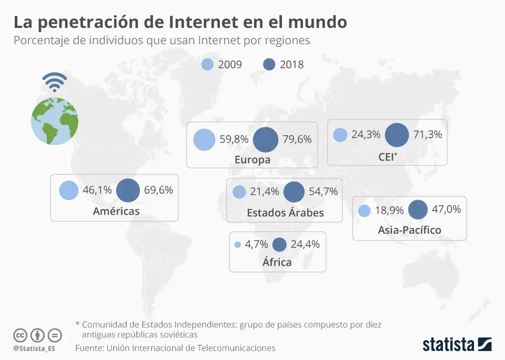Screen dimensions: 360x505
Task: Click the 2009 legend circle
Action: pos(208,64)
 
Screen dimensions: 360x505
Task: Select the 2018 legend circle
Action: pos(269,64)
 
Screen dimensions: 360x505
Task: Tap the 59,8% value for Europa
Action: pos(234,139)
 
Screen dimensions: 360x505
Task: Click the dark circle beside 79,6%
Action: pos(266,139)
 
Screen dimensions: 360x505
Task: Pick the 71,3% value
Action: pos(427,134)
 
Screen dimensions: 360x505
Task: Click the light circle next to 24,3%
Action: pos(340,135)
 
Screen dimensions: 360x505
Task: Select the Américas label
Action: pos(116,211)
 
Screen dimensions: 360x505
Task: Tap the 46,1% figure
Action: pos(97,191)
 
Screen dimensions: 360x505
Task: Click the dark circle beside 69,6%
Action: pos(128,191)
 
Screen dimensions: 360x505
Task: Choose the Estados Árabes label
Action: pos(285,213)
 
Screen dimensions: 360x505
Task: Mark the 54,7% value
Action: pos(323,192)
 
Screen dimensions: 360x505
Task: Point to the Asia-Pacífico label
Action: pos(409,229)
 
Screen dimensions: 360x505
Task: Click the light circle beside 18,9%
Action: pos(364,211)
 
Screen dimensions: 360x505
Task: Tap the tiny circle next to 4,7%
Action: pos(237,245)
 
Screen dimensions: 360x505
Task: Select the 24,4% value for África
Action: pos(305,244)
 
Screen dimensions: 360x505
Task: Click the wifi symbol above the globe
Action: pos(55,82)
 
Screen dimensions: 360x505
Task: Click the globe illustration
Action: pos(55,121)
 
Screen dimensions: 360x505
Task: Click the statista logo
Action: pos(457,345)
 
